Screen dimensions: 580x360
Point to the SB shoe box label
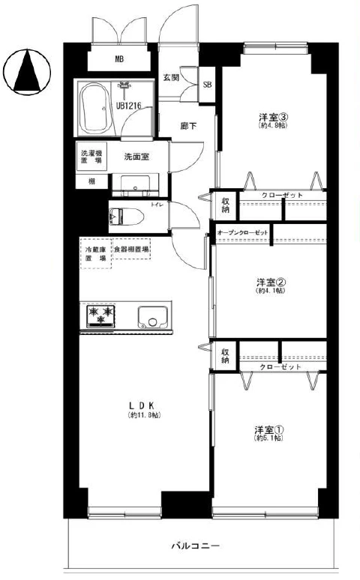207,85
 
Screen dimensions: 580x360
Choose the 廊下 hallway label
188,126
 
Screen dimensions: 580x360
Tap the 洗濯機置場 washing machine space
92,158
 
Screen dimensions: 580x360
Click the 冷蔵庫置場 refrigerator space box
95,253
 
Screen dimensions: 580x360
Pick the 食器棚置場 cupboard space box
131,249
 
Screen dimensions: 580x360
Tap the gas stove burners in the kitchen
100,316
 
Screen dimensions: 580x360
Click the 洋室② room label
270,283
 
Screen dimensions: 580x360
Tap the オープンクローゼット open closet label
242,233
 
